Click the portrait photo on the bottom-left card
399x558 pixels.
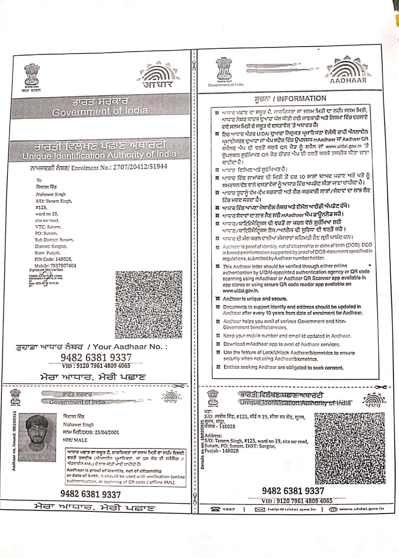tap(41, 438)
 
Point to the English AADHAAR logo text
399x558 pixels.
tap(348, 81)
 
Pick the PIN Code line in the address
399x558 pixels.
tap(53, 259)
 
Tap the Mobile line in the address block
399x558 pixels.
tap(55, 265)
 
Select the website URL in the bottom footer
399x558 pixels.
tap(361, 509)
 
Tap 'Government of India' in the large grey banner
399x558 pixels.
tap(100, 112)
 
